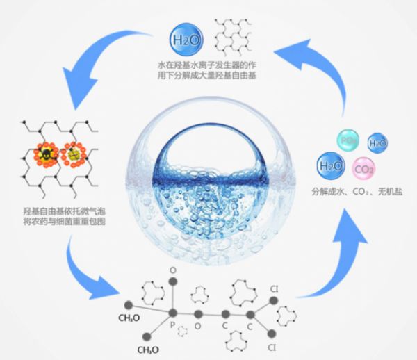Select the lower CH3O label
pyautogui.click(x=150, y=349)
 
